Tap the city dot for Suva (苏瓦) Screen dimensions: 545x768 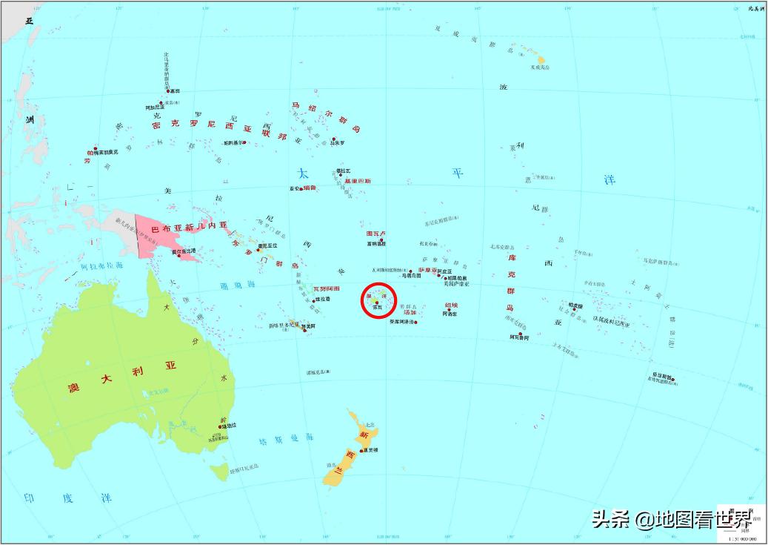[377, 303]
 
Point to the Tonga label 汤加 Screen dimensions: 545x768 [410, 312]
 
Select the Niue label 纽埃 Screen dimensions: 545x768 [451, 305]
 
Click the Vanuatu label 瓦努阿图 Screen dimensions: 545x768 [326, 288]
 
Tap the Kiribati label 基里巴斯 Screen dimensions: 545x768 [358, 181]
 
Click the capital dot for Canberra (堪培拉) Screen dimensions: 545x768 [219, 425]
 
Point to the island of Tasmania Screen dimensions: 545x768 [218, 469]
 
